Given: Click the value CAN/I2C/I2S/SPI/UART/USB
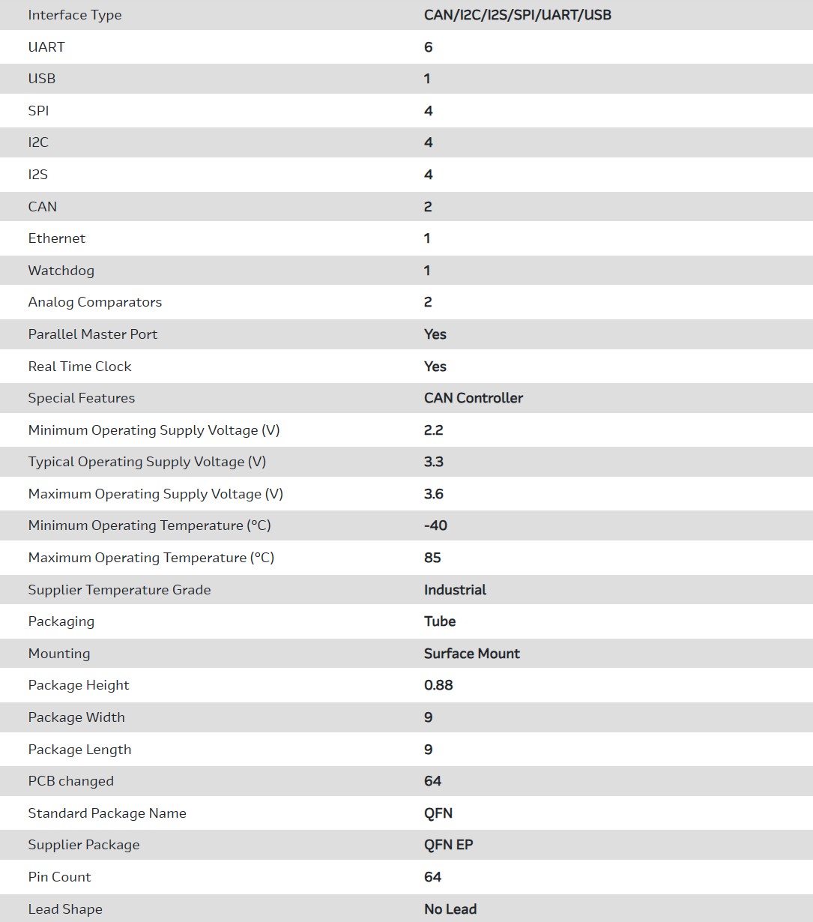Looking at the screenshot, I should tap(517, 15).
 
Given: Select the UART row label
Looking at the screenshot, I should tap(46, 47).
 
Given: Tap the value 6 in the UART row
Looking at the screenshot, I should tap(428, 47).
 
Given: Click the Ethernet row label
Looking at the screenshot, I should tap(57, 238).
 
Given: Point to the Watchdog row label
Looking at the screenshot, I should tap(61, 271).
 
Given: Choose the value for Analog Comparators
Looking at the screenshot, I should tap(428, 302).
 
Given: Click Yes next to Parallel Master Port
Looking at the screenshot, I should tap(435, 334).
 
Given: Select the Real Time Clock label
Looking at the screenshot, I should tap(79, 367).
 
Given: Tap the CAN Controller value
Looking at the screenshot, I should tap(473, 398).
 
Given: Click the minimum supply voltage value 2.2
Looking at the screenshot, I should tap(433, 430).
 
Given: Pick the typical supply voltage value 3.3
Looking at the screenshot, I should tap(433, 462).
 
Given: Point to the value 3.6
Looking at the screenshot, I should tap(433, 494).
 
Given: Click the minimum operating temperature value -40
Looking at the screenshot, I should tap(435, 525).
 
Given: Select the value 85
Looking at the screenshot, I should tap(432, 558).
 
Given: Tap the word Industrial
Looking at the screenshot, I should tap(455, 590).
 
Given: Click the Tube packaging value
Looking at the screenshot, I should tap(439, 621).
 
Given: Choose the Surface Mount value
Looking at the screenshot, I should tap(471, 654).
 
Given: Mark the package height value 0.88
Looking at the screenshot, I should tap(438, 685).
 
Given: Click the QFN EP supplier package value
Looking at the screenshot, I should tap(448, 845).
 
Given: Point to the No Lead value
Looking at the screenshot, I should tap(450, 909).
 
